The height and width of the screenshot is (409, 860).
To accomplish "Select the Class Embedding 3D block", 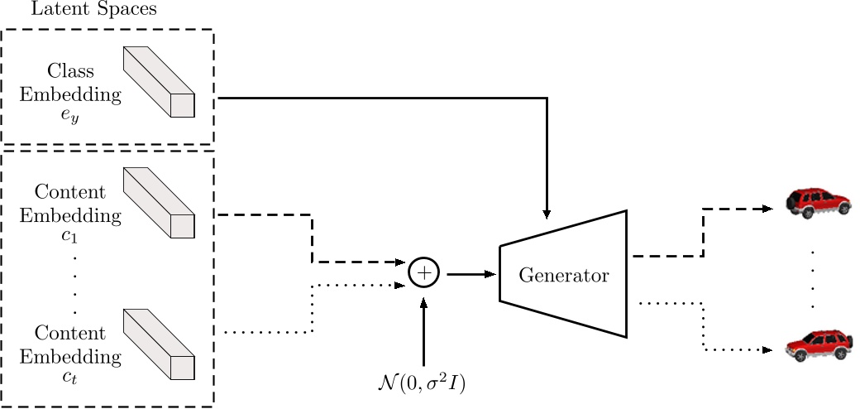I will pyautogui.click(x=159, y=82).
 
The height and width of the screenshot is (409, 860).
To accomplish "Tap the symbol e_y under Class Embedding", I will pyautogui.click(x=70, y=117).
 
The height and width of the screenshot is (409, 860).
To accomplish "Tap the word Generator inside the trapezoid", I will pyautogui.click(x=563, y=275).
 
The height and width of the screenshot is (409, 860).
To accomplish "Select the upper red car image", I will pyautogui.click(x=817, y=200).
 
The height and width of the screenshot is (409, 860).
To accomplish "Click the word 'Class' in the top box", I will pyautogui.click(x=70, y=72).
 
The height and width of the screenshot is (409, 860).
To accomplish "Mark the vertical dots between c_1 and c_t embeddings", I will pyautogui.click(x=74, y=286).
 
